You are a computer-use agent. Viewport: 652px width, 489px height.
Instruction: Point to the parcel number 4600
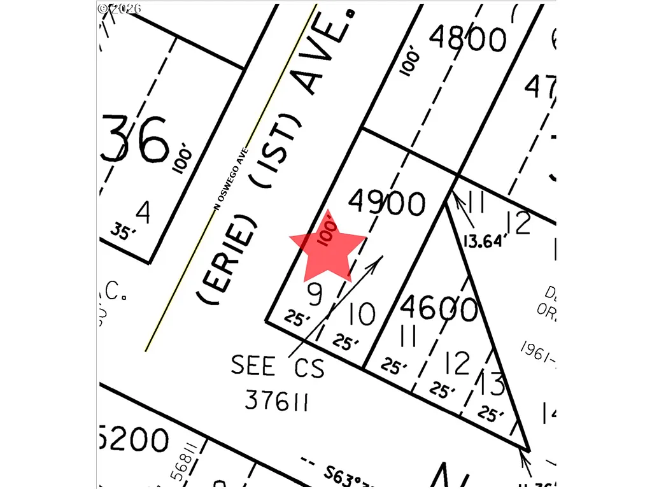point(439,309)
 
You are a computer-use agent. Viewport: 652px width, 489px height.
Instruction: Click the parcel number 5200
point(134,439)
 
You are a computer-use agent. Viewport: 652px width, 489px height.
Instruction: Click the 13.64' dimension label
point(486,241)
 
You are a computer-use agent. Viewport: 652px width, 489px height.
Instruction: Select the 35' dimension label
point(124,232)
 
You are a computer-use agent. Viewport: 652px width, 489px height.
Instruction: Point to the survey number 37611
point(277,401)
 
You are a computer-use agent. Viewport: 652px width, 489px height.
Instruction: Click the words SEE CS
point(277,367)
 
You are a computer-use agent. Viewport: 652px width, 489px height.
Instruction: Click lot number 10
point(362,313)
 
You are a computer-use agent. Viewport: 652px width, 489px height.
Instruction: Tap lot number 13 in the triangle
point(492,384)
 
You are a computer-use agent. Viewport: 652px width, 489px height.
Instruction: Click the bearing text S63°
point(347,474)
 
